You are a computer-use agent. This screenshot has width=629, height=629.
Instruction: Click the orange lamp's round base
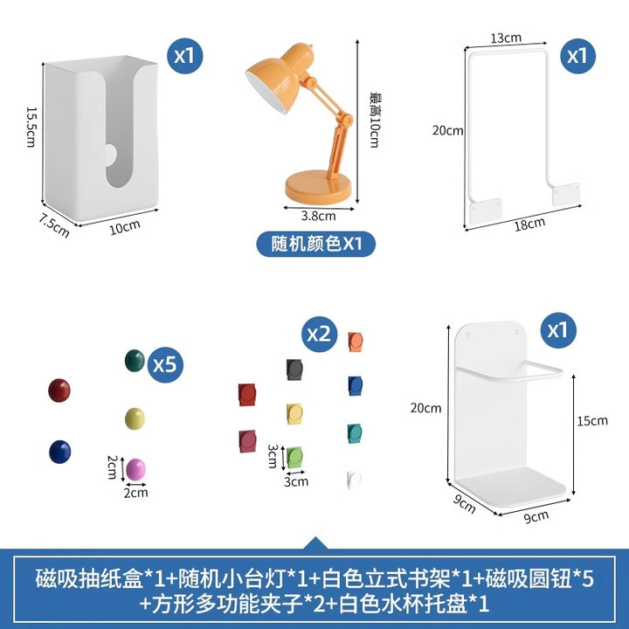(x=318, y=187)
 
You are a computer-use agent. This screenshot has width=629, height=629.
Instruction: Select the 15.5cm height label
(x=31, y=127)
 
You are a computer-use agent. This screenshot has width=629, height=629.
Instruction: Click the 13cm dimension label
(x=506, y=38)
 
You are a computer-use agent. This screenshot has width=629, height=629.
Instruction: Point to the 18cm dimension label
(x=529, y=225)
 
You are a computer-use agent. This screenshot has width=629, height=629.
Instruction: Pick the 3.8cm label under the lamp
(x=319, y=217)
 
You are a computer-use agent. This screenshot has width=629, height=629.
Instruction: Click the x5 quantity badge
(x=165, y=364)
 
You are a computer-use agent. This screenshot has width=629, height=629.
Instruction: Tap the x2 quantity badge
(x=320, y=334)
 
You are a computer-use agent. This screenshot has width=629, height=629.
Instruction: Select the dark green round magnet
(x=135, y=361)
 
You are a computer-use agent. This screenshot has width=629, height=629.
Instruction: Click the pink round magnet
(x=135, y=469)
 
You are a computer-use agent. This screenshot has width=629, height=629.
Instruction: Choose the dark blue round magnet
(x=60, y=452)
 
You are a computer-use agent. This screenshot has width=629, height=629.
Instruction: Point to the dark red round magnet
(x=59, y=391)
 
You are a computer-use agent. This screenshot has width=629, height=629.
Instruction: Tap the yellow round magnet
(x=135, y=418)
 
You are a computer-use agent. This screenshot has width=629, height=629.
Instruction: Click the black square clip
(x=294, y=370)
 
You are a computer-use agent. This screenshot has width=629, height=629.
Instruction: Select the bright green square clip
(x=295, y=457)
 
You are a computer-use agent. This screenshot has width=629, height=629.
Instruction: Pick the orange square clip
(x=356, y=342)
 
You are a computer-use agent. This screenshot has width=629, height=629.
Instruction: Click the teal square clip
(x=355, y=433)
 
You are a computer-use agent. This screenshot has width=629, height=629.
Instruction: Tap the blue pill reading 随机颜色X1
(x=316, y=244)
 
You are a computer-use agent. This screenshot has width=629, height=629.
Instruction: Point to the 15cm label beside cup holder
(x=592, y=421)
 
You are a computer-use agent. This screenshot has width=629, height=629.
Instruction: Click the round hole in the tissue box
(x=111, y=156)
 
